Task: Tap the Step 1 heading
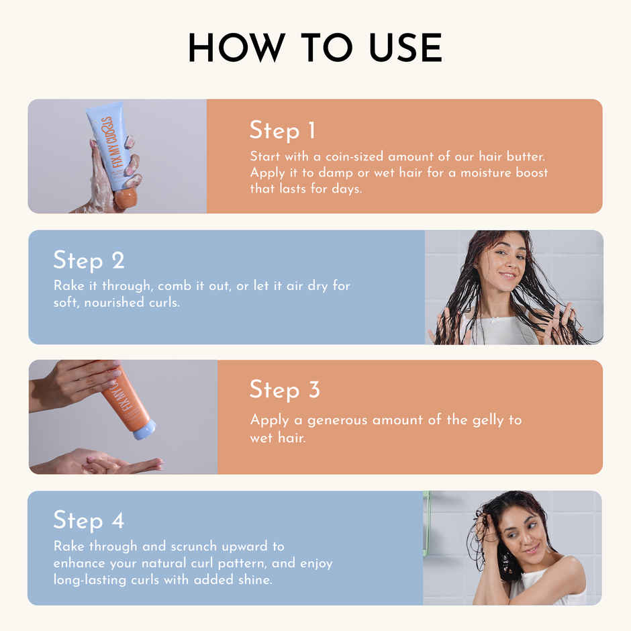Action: [x=282, y=130]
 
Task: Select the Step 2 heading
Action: [x=89, y=260]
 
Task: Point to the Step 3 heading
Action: [x=285, y=390]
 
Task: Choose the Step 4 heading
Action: [x=89, y=520]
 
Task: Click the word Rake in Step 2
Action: [x=68, y=286]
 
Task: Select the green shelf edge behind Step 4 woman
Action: [x=426, y=524]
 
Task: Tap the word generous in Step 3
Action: [x=336, y=420]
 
